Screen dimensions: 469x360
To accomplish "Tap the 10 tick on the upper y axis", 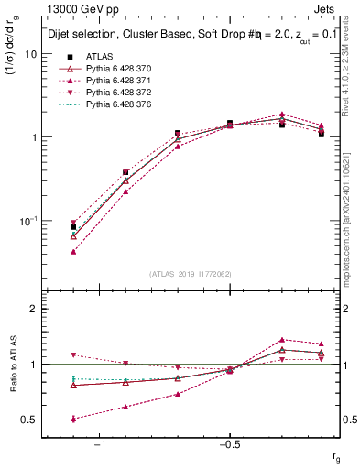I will click(31, 54).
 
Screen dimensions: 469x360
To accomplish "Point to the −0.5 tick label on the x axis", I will click(228, 445).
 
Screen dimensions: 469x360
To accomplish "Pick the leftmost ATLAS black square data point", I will click(73, 227).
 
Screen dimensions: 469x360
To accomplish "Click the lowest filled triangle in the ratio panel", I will click(73, 419).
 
